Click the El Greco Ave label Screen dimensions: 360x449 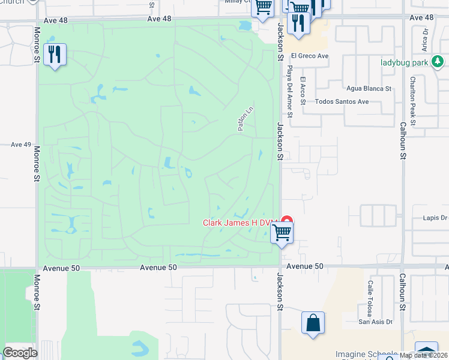(x=310, y=56)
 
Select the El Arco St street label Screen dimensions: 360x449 (x=303, y=90)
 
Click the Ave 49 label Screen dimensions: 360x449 (x=21, y=145)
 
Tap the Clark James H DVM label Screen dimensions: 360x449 (x=241, y=223)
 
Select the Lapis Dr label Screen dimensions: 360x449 (x=435, y=218)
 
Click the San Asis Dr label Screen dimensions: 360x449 (x=375, y=322)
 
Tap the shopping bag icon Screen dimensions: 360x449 (x=313, y=323)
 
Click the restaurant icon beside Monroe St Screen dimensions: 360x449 (x=55, y=55)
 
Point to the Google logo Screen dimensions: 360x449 (x=20, y=353)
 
